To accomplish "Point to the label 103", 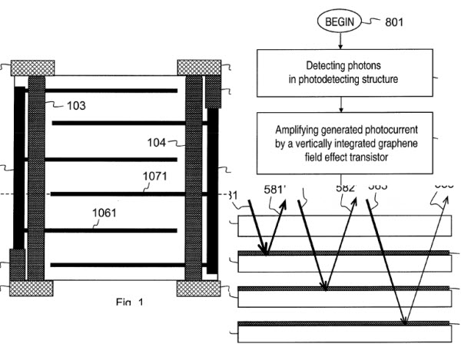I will (75, 104).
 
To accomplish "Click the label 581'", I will (272, 187).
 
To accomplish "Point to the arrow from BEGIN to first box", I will (340, 43).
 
